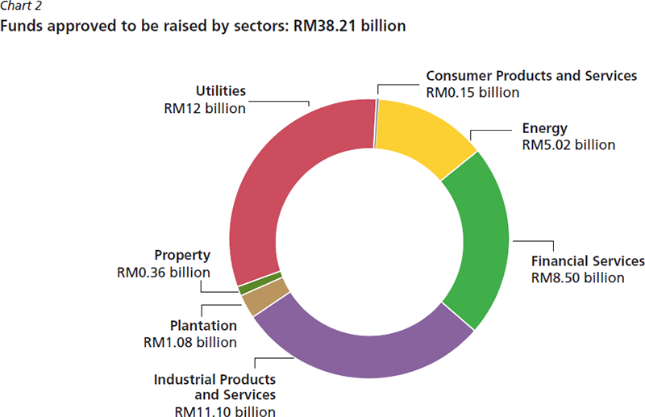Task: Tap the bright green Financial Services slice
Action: pyautogui.click(x=480, y=242)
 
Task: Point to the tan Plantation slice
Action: pyautogui.click(x=255, y=302)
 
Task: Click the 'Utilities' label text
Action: pyautogui.click(x=221, y=91)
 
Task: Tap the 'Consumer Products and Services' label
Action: pyautogui.click(x=531, y=76)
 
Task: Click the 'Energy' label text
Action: pyautogui.click(x=545, y=129)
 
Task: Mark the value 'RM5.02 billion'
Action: pyautogui.click(x=569, y=145)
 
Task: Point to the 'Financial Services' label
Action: pyautogui.click(x=588, y=261)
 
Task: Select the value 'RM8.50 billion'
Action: pyautogui.click(x=578, y=277)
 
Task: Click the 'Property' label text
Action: pyautogui.click(x=182, y=255)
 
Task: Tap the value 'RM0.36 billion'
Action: pyautogui.click(x=163, y=271)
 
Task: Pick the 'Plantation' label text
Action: pyautogui.click(x=204, y=326)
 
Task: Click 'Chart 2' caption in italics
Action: pyautogui.click(x=19, y=9)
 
